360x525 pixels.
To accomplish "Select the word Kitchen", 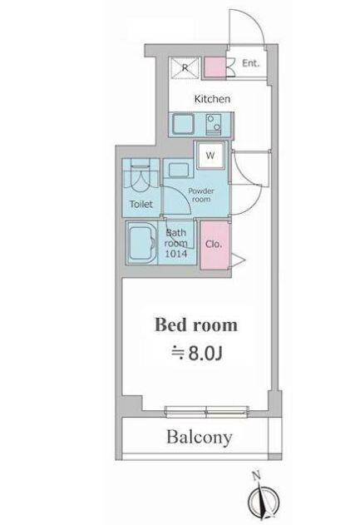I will pos(212,99).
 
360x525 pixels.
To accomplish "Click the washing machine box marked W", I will pos(210,155).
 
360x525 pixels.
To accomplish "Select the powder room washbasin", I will pos(180,170).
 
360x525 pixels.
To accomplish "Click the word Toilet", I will pos(141,204).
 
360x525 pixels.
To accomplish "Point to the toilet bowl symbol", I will pos(140,174).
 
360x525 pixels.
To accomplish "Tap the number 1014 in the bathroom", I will pos(177,253).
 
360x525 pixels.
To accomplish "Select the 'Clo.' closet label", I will pos(213,245).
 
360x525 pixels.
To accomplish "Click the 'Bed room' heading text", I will pos(197,324).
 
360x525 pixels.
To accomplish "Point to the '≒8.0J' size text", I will pos(198,354).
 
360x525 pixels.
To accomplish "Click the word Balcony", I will pos(197,437).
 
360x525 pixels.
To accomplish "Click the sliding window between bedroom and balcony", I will pos(206,409).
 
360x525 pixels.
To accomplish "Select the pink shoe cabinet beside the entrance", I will pos(215,67).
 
